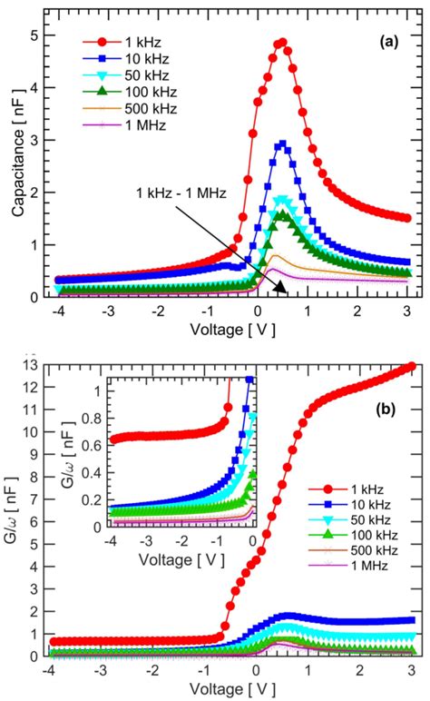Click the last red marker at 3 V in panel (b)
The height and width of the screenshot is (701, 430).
pyautogui.click(x=411, y=366)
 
